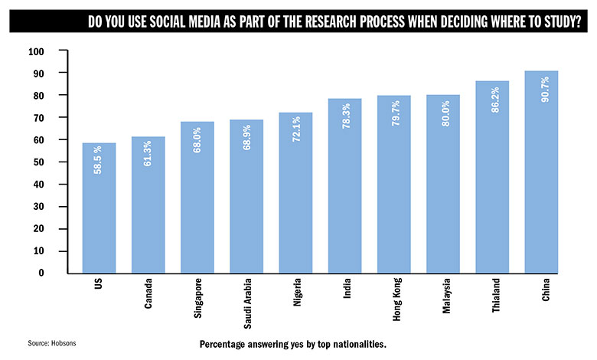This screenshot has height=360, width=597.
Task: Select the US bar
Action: coord(99,208)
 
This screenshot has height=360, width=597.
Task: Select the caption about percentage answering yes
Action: coord(292,343)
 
